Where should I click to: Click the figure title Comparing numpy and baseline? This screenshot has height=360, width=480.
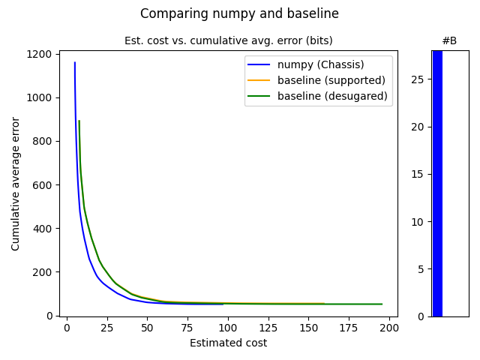coord(239,13)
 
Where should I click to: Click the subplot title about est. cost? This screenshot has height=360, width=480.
coord(228,40)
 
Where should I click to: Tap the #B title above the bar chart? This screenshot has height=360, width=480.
coord(449,40)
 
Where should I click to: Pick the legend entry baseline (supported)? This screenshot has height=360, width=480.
coord(331,80)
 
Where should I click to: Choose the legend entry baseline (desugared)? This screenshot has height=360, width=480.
coord(332,96)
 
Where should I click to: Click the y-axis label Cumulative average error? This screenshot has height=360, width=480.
coord(16,184)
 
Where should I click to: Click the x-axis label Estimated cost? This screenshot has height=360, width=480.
coord(228,343)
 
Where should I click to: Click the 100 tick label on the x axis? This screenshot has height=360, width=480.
coord(228,328)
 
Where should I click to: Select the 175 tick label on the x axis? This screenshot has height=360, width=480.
coord(349,328)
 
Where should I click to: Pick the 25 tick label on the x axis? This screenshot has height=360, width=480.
coord(106,328)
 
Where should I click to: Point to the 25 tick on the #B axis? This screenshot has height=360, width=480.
coord(420,79)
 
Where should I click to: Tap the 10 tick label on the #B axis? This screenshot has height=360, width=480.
coord(420,222)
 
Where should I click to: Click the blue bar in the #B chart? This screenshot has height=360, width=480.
coord(437,184)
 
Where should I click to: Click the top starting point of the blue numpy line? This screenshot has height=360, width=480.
coord(74,63)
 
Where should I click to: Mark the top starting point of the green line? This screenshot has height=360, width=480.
coord(79,121)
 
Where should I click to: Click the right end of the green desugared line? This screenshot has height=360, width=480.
coord(382,304)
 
